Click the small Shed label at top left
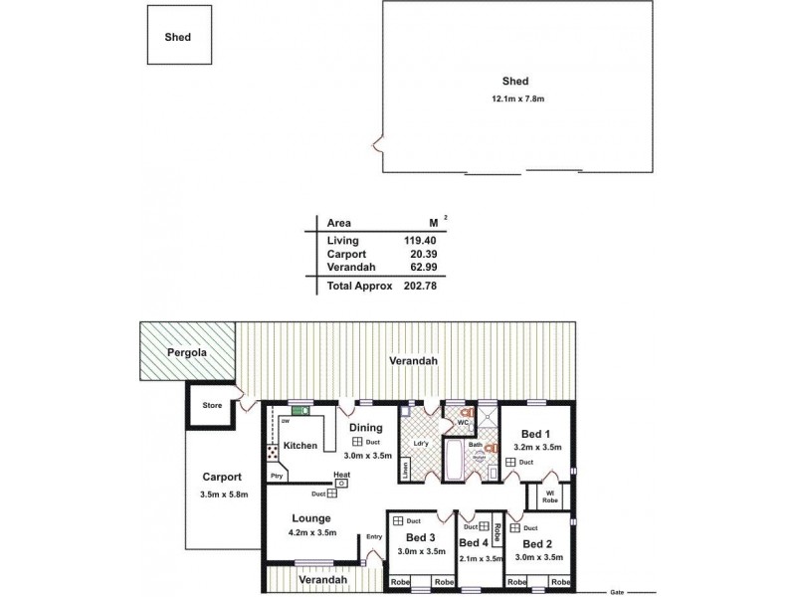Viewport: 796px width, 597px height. pyautogui.click(x=178, y=37)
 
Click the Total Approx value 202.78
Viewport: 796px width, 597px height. pyautogui.click(x=419, y=286)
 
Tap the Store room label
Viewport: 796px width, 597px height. pyautogui.click(x=212, y=406)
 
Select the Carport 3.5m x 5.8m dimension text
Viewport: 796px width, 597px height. pyautogui.click(x=224, y=495)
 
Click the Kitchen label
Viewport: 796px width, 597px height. pyautogui.click(x=299, y=446)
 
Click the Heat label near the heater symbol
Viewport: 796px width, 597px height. pyautogui.click(x=341, y=475)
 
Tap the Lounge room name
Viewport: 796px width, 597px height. pyautogui.click(x=311, y=518)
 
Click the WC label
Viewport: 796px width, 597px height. pyautogui.click(x=463, y=422)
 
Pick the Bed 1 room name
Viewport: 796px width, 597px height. pyautogui.click(x=535, y=434)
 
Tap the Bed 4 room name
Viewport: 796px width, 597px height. pyautogui.click(x=473, y=543)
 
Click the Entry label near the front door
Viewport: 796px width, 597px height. pyautogui.click(x=374, y=537)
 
